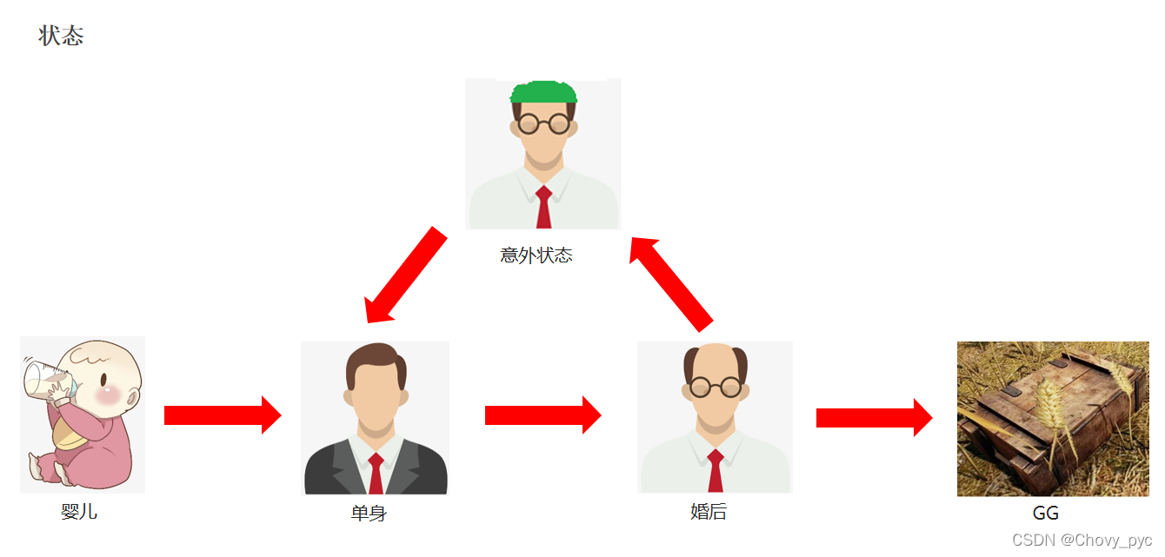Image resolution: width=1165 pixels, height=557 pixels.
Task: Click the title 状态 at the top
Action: [61, 36]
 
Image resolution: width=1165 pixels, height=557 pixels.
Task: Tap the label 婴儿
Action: [79, 512]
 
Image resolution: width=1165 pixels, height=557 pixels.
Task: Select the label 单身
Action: [369, 514]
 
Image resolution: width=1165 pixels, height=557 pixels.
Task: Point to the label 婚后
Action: [709, 513]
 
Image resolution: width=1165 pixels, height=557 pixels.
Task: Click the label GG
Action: [1046, 514]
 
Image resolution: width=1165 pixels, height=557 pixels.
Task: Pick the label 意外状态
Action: [536, 255]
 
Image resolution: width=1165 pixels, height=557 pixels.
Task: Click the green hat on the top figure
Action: [543, 92]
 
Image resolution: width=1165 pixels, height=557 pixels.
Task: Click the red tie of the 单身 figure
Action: [376, 474]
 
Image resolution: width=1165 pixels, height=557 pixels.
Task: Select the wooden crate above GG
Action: [1052, 417]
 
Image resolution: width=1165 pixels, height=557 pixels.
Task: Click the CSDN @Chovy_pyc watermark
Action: [1082, 540]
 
